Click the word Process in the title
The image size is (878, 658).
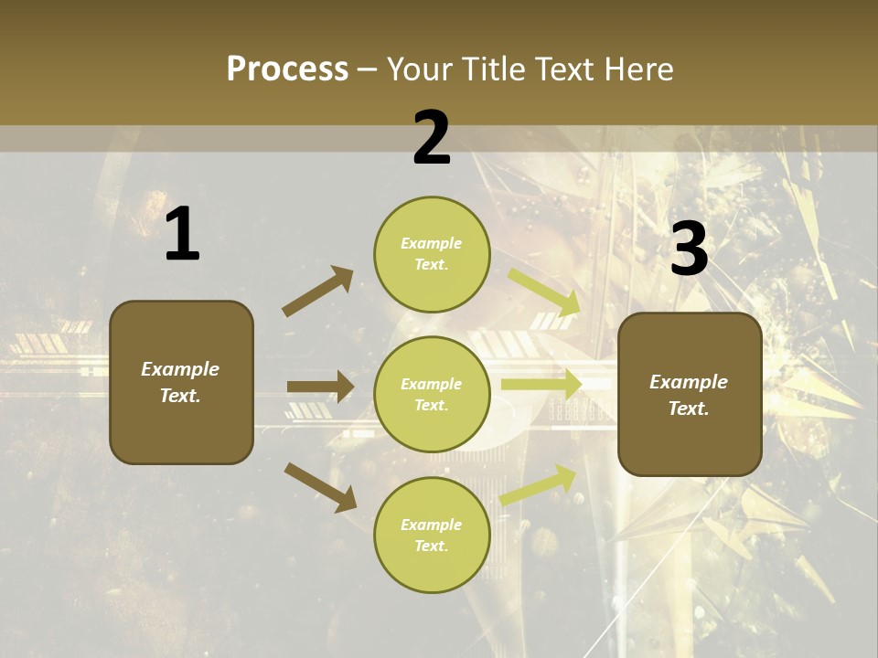click(x=287, y=69)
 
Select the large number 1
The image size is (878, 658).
click(x=182, y=235)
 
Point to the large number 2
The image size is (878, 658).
click(x=432, y=138)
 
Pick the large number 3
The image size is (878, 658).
click(x=689, y=249)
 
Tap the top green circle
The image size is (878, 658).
click(x=432, y=254)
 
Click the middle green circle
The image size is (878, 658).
click(x=432, y=395)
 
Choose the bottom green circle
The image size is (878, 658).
click(x=432, y=536)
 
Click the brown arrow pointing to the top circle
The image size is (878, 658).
click(x=318, y=292)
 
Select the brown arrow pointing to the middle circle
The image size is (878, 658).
click(x=320, y=387)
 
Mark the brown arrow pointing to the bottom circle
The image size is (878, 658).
click(x=320, y=486)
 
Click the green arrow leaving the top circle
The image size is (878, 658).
click(x=543, y=292)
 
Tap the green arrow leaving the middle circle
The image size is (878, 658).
click(x=541, y=385)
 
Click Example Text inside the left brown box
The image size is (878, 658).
click(x=180, y=382)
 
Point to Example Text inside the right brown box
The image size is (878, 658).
click(x=689, y=395)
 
